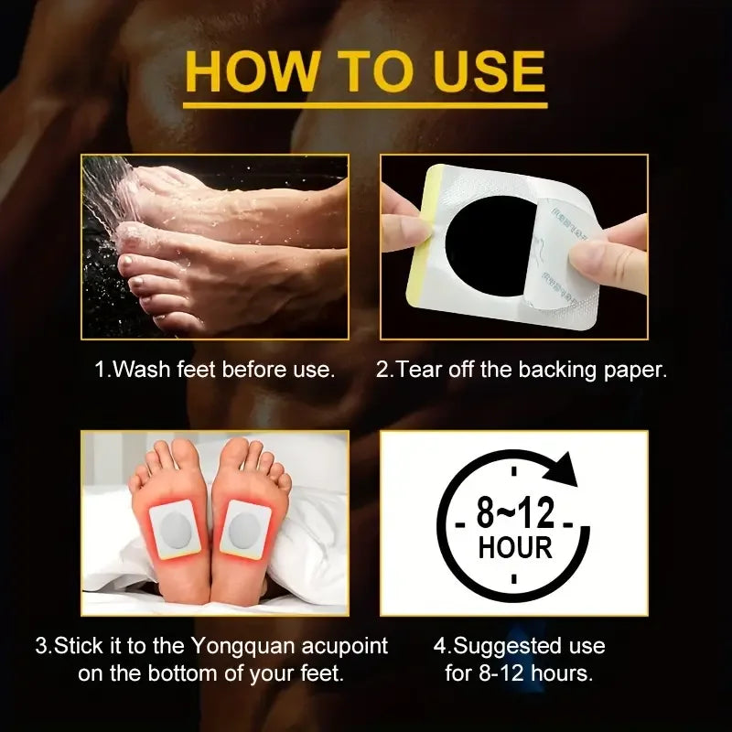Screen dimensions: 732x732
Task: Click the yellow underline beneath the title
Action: coord(365,105)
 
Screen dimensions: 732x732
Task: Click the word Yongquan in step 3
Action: coord(242,647)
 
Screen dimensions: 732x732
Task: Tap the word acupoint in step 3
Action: coord(345,647)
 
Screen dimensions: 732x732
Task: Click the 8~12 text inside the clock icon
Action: coord(515,512)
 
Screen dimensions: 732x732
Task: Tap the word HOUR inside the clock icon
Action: coord(515,547)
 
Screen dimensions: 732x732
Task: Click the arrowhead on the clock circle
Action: coord(562,469)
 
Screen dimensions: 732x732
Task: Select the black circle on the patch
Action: coord(488,246)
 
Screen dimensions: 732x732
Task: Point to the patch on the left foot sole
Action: coord(175,530)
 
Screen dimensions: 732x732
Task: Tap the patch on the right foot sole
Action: coord(245,529)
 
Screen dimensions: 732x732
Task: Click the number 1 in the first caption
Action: coord(101,370)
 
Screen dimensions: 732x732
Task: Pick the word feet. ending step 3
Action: coord(321,673)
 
